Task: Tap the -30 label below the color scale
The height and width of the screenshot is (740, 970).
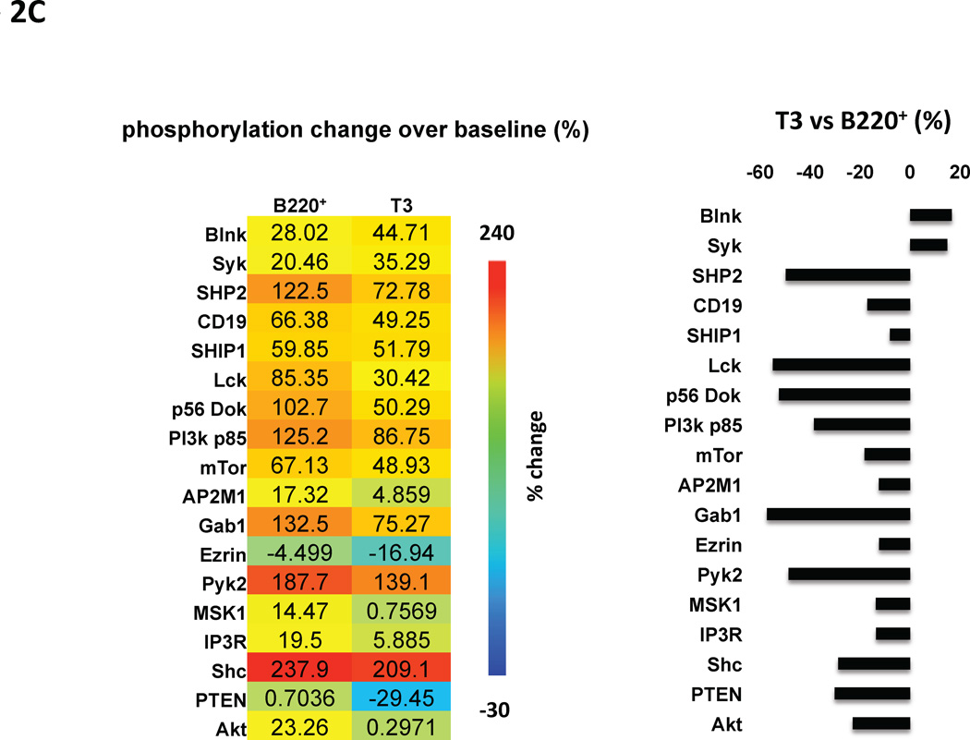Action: [498, 709]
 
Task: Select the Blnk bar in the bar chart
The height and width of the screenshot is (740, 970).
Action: [930, 215]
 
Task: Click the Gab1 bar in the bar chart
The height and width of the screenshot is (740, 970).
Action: [838, 515]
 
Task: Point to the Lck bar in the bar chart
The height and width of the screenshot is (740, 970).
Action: [841, 365]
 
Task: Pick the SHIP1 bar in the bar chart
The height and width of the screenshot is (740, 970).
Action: [900, 335]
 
